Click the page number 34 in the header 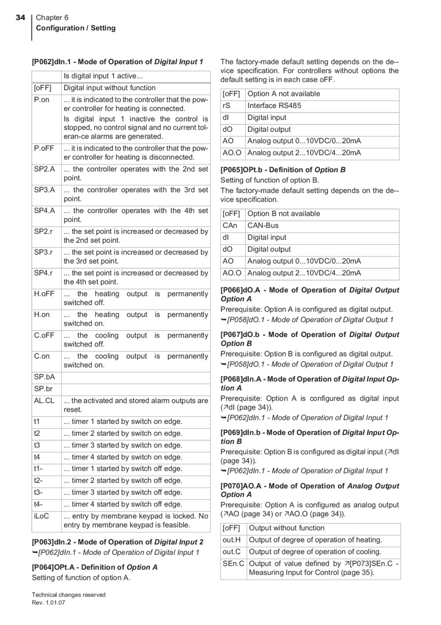point(20,18)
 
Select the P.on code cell point(42,100)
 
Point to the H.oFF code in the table point(44,294)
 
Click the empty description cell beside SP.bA point(136,377)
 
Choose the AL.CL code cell point(44,401)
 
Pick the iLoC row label point(42,516)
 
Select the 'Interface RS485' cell point(274,105)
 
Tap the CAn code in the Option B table point(230,226)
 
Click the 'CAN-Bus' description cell point(262,226)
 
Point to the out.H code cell point(231,540)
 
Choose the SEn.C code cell point(233,564)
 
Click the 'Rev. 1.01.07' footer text point(49,602)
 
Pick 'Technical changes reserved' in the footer point(69,595)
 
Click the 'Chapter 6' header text point(52,18)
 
